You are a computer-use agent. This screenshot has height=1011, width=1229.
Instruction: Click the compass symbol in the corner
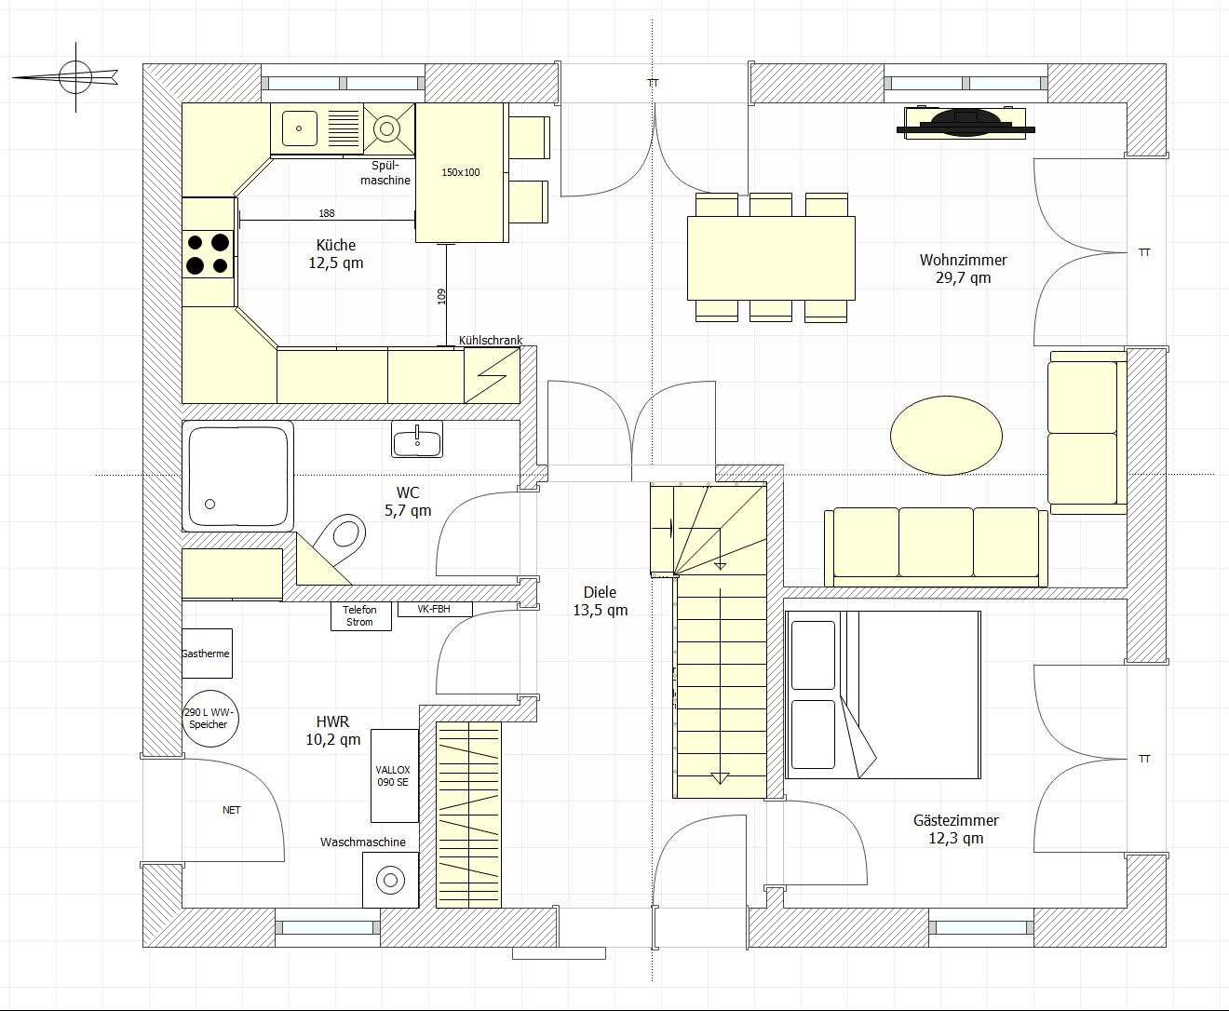[x=75, y=77]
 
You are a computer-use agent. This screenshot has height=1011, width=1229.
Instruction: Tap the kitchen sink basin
[x=300, y=128]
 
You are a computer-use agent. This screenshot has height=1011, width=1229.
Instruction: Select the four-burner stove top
[x=208, y=254]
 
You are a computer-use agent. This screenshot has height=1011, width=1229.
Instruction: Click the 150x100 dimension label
[x=460, y=172]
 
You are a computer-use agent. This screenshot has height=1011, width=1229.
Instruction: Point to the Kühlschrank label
[x=490, y=341]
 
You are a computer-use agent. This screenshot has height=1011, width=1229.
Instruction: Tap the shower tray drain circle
[x=209, y=504]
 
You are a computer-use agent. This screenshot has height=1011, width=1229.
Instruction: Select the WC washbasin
[x=417, y=438]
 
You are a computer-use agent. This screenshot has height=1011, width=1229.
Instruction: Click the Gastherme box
[x=207, y=654]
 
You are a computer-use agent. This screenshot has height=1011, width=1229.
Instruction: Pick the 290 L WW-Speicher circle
[x=210, y=719]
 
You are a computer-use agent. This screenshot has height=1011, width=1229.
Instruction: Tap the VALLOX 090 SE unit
[x=395, y=775]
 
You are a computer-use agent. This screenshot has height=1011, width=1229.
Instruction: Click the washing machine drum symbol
[x=390, y=880]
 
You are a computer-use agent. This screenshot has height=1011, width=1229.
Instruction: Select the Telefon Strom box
[x=360, y=616]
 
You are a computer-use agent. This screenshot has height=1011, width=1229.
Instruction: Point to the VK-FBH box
[x=435, y=610]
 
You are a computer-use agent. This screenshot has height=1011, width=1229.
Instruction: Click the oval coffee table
[x=946, y=436]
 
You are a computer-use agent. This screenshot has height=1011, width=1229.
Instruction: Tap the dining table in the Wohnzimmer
[x=771, y=258]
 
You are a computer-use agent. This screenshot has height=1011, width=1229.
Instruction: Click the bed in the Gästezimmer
[x=883, y=694]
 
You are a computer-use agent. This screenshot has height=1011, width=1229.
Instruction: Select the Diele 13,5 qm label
[x=600, y=601]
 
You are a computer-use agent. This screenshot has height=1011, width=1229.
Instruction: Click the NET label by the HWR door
[x=231, y=810]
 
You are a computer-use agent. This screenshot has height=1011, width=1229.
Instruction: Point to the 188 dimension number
[x=326, y=213]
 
